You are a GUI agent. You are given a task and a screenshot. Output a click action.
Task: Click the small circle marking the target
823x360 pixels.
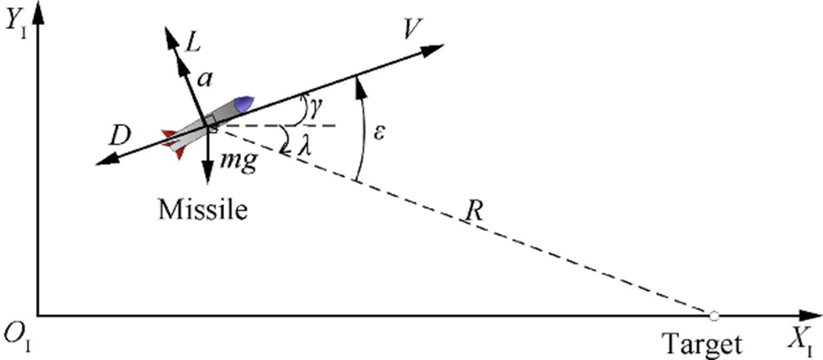tap(714, 316)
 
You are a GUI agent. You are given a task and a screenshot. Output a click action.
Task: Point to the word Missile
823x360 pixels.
tap(203, 210)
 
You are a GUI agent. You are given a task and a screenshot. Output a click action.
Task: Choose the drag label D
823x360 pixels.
tap(120, 136)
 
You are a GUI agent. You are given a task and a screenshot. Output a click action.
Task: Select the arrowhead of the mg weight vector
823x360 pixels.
tap(208, 178)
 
